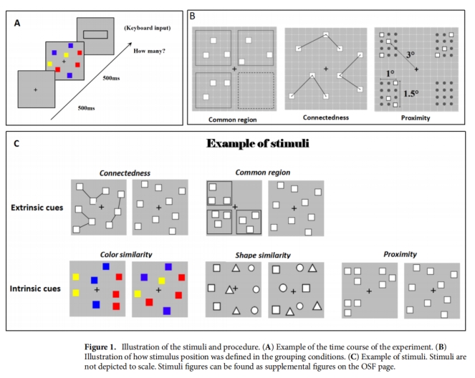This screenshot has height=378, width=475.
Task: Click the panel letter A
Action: (17, 23)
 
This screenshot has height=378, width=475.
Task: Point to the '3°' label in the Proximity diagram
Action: (409, 54)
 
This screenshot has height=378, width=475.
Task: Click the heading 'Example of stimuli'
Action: (258, 143)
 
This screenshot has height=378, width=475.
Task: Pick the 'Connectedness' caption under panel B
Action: (326, 118)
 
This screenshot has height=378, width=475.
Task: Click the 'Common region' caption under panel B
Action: (232, 119)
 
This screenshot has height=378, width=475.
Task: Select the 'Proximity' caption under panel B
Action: (415, 117)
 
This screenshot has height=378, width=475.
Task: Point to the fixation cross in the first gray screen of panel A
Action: (35, 89)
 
